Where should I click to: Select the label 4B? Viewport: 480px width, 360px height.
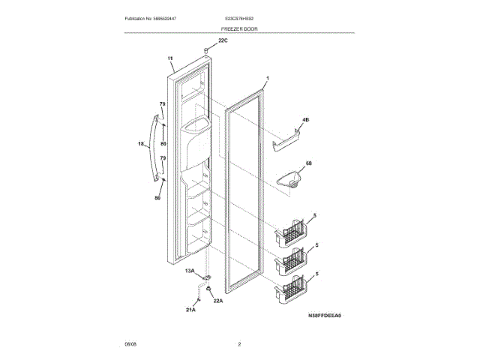(x=306, y=120)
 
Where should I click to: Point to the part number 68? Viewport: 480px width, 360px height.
(x=307, y=163)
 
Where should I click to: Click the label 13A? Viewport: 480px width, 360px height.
(x=190, y=271)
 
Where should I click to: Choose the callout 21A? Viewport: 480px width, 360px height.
(x=190, y=309)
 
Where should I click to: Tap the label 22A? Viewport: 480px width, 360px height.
(x=218, y=301)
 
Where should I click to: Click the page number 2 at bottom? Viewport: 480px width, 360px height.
(x=239, y=344)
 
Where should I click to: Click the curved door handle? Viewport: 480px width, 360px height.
(x=154, y=147)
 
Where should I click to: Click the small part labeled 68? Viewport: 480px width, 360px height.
(x=289, y=181)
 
